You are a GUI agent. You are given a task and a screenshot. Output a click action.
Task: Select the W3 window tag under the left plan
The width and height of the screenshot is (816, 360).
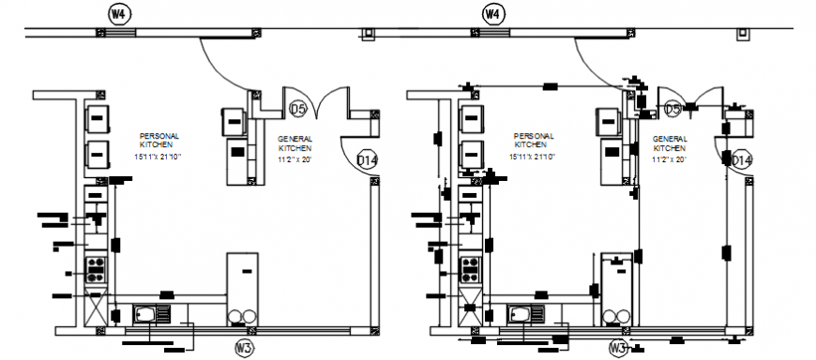(x=244, y=349)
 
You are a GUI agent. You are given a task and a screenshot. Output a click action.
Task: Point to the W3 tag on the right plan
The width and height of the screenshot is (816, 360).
(x=618, y=349)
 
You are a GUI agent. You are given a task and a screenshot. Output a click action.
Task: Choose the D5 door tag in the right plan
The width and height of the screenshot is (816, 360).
(x=672, y=110)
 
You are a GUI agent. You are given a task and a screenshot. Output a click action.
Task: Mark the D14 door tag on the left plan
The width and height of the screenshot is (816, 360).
(x=368, y=160)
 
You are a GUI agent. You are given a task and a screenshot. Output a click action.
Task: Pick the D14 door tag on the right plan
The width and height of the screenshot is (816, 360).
(x=742, y=160)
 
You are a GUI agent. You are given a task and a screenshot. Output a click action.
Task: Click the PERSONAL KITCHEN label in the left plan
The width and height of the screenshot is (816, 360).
(x=155, y=141)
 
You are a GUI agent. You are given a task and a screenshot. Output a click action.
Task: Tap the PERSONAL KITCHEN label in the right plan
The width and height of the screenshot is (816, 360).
(x=530, y=141)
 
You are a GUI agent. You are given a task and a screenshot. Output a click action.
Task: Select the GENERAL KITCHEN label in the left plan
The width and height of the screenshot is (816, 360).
(x=295, y=143)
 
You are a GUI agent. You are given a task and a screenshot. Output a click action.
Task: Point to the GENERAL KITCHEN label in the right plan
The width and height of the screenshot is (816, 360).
(x=669, y=143)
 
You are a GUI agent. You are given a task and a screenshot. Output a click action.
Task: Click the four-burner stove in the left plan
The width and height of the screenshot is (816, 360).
(x=96, y=270)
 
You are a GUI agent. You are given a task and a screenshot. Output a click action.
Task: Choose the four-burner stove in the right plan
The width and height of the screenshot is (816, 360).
(x=470, y=270)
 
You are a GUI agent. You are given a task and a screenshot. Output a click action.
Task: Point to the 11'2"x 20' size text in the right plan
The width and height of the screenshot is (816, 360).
(x=670, y=159)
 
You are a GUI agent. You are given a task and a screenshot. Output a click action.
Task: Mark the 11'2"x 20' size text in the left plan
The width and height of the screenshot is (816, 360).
(x=295, y=159)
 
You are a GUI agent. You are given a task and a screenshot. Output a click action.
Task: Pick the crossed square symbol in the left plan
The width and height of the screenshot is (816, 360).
(x=96, y=306)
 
